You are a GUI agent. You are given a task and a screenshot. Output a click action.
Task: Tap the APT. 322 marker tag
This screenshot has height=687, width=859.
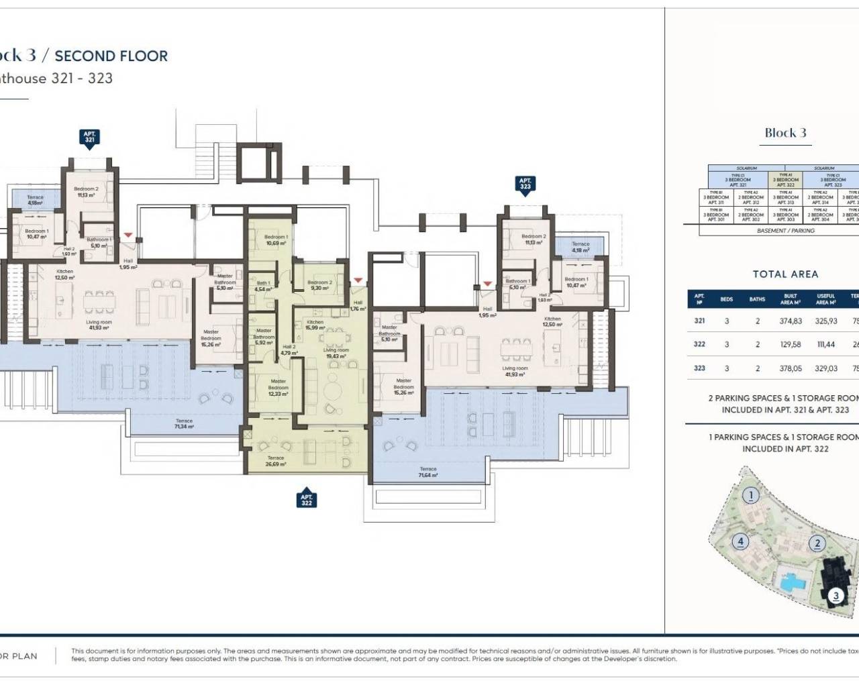point(307,500)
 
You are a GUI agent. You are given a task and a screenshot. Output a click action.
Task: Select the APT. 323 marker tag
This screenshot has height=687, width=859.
point(525,184)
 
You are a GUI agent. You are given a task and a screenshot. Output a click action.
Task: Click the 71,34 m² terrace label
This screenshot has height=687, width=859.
point(184,424)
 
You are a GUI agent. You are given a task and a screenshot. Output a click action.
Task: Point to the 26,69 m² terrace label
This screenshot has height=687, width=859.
point(275,461)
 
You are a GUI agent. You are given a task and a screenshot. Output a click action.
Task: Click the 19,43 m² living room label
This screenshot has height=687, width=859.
point(336,354)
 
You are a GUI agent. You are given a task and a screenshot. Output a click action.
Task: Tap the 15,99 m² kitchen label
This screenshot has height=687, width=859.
point(315,325)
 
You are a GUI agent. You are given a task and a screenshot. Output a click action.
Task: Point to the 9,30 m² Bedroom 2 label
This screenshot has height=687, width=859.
point(319,286)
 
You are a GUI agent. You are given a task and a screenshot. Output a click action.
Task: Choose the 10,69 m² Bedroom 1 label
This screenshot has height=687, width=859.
point(276,240)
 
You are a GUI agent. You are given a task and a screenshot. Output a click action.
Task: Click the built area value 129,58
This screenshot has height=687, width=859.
point(791,345)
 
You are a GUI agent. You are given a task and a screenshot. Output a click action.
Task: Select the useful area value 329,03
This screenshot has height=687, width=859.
point(825,368)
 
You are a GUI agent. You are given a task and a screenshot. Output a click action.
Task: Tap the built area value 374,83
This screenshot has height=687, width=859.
point(791,321)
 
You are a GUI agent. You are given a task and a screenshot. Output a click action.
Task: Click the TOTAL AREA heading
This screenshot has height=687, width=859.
point(785,274)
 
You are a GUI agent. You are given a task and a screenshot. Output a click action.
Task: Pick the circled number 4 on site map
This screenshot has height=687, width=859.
point(741,541)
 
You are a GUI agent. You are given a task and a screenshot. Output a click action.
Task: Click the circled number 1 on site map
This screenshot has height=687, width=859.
point(752,496)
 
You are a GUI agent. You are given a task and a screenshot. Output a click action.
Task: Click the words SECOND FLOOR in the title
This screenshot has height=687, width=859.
point(111,56)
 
